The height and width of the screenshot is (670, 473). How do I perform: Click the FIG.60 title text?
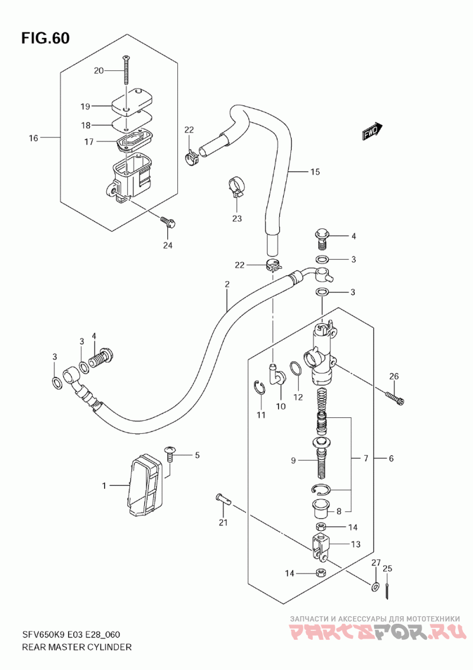click(x=45, y=38)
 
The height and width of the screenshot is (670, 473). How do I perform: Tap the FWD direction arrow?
click(x=372, y=132)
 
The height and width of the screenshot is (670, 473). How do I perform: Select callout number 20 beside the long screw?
click(x=99, y=70)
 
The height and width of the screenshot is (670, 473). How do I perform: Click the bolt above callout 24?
click(x=168, y=222)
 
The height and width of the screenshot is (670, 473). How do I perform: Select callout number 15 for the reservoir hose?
click(x=315, y=172)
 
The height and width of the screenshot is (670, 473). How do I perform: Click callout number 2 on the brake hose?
click(x=227, y=284)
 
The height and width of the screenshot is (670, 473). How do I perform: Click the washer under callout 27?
click(x=374, y=586)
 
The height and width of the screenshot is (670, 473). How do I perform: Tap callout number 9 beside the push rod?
click(x=293, y=460)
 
